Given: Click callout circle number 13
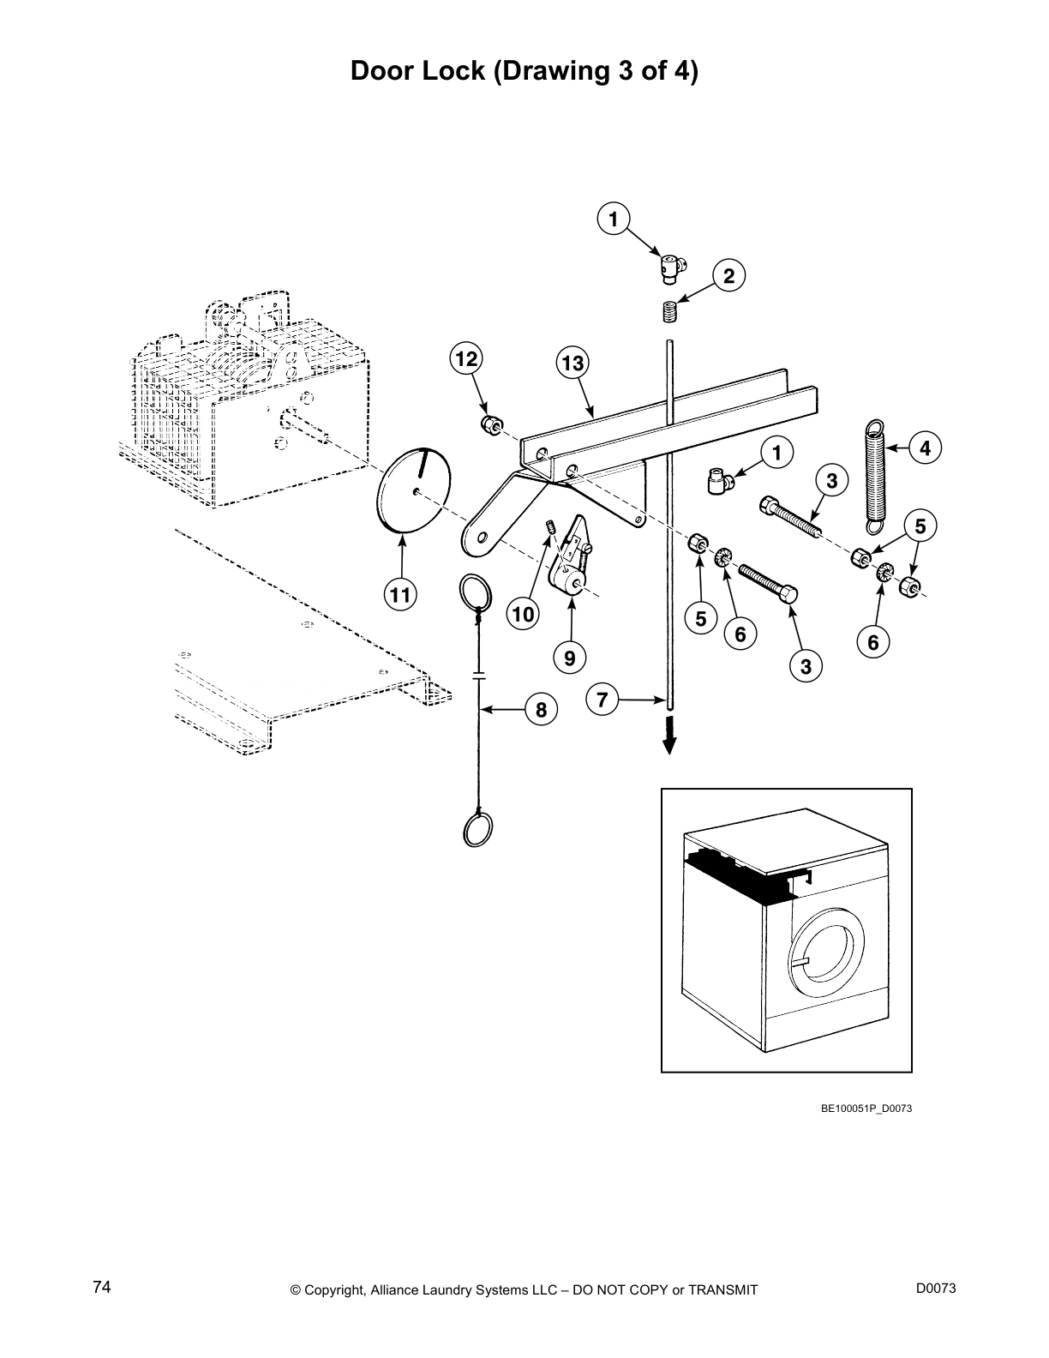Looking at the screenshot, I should click(572, 364).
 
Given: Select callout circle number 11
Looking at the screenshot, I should click(399, 595).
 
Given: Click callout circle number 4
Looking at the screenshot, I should click(925, 448).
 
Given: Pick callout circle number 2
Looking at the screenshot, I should click(728, 276).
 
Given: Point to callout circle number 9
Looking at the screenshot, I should click(570, 658).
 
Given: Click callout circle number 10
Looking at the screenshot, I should click(523, 614).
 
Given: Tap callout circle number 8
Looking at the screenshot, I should click(541, 710).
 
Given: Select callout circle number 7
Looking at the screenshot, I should click(602, 700).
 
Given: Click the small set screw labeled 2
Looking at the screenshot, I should click(671, 311).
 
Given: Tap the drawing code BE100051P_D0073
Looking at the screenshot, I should click(866, 1109).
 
